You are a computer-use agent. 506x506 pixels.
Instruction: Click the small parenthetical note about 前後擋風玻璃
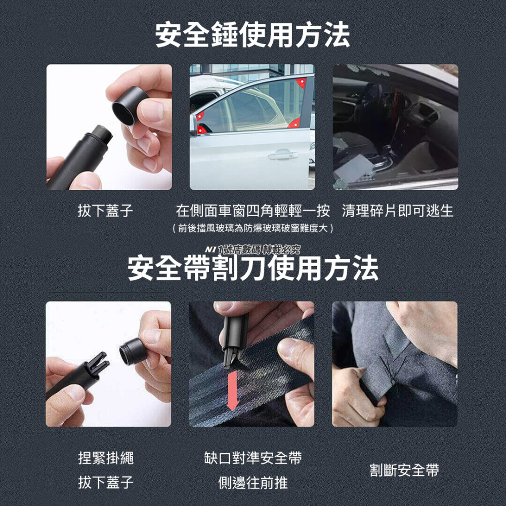[252, 229]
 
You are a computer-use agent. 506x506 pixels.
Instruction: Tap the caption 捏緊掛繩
[105, 458]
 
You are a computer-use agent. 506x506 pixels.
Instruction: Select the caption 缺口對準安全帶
[252, 458]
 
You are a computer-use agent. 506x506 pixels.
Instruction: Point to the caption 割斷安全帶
[404, 471]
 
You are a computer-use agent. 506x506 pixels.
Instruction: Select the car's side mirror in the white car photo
[193, 125]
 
